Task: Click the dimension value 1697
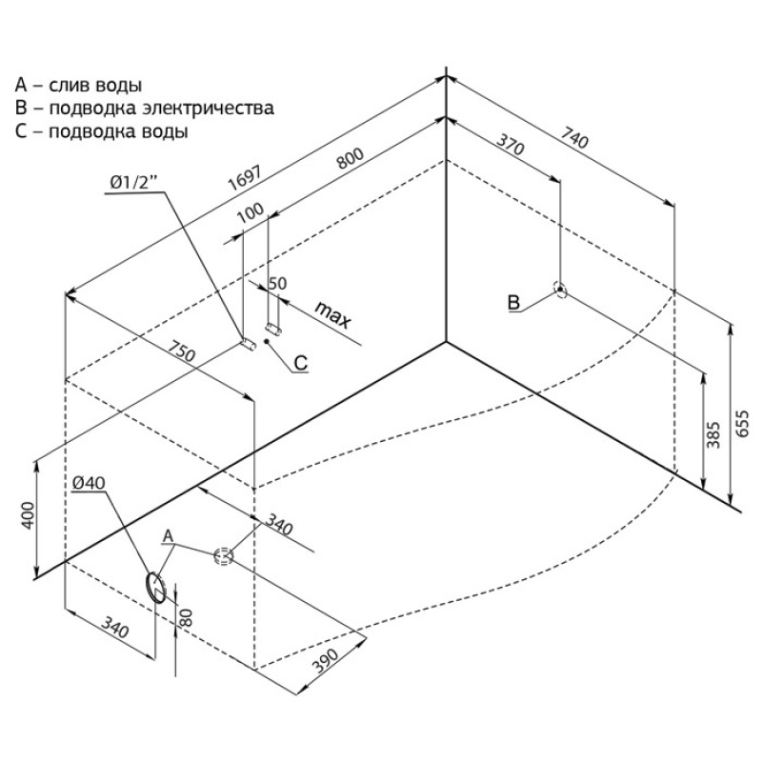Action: (x=245, y=178)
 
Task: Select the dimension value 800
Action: (x=351, y=158)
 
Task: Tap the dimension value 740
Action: (x=574, y=137)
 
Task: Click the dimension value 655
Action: (x=743, y=424)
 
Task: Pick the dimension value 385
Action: (x=712, y=435)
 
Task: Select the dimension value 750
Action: (x=182, y=351)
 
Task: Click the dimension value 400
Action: (x=29, y=515)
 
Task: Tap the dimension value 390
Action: (x=325, y=661)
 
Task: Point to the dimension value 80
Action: (x=186, y=617)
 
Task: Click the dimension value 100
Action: (x=251, y=211)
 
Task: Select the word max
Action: (x=332, y=314)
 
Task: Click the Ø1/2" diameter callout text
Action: (x=134, y=183)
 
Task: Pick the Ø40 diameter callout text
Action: (x=89, y=483)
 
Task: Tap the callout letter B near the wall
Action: (x=513, y=302)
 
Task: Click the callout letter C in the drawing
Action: (x=301, y=363)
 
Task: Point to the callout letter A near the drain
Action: (x=169, y=536)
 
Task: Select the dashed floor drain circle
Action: (x=224, y=555)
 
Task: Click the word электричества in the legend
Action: (x=208, y=108)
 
